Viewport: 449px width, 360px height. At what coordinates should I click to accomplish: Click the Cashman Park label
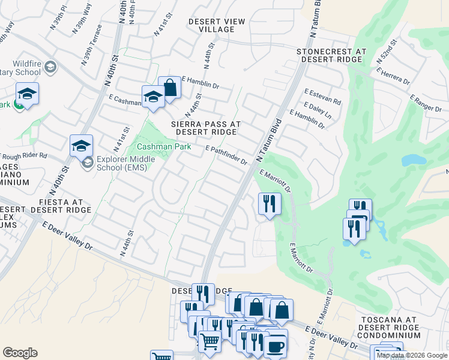click(x=164, y=146)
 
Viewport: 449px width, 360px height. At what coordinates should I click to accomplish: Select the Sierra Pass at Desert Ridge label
click(x=206, y=127)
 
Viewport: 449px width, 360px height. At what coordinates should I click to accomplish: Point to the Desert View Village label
click(x=217, y=25)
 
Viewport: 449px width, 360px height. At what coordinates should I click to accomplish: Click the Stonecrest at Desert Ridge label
click(x=331, y=56)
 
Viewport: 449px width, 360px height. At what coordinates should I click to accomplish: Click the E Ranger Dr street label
click(x=426, y=102)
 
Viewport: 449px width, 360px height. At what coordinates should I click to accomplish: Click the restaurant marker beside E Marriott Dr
click(x=270, y=203)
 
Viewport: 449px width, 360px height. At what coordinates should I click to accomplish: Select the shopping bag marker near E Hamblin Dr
click(x=170, y=88)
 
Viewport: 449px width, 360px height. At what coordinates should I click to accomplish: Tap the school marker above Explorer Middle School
click(x=81, y=145)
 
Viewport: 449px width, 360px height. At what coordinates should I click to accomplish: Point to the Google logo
click(x=20, y=353)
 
